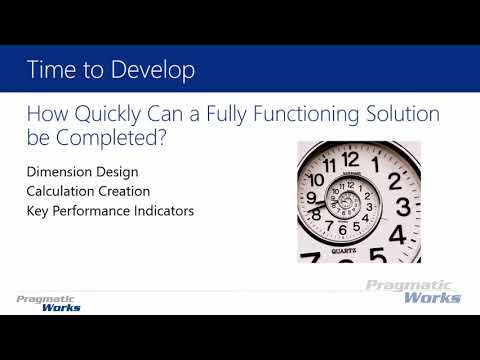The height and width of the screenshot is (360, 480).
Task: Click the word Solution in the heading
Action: coord(404,115)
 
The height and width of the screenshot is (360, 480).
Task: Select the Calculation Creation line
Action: coord(88,192)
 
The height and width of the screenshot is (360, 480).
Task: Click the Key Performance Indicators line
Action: coord(109,211)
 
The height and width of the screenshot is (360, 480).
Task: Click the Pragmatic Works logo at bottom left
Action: coord(49,303)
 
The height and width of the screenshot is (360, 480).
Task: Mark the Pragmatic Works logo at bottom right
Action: coord(412,291)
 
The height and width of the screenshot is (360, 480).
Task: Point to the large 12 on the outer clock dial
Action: coord(350,158)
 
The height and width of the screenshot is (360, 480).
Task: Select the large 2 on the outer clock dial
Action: coord(395,181)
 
